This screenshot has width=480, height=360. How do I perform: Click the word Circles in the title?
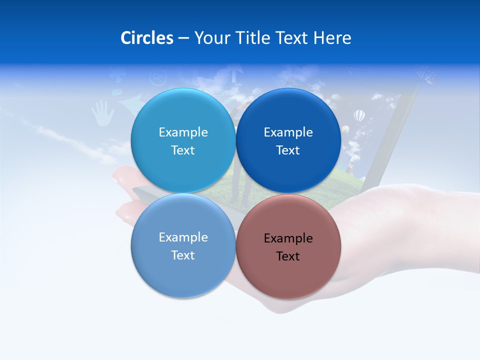[147, 38]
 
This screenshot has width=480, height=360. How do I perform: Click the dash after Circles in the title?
[183, 38]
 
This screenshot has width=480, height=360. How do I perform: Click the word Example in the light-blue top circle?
[183, 132]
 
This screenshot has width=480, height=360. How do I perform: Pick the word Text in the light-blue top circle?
[183, 150]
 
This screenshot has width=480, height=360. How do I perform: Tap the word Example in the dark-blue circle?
[288, 132]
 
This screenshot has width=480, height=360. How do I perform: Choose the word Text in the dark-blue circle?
[288, 150]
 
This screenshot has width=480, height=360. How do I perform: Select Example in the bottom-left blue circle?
[183, 237]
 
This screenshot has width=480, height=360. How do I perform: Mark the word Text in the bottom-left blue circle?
[183, 255]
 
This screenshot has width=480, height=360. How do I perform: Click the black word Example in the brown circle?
[288, 238]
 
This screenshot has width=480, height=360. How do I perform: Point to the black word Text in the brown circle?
[288, 256]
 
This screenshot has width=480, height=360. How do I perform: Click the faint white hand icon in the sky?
[103, 113]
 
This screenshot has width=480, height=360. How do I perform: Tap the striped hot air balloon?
[359, 116]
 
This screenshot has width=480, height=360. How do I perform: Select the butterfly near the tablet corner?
[428, 75]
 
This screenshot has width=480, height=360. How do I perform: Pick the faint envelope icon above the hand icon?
[116, 92]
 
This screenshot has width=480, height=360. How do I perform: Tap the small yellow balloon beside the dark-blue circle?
[345, 129]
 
